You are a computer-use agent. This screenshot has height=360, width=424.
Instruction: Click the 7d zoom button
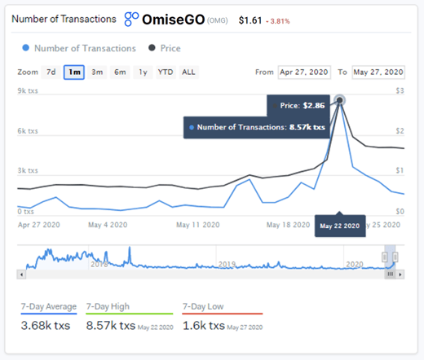pos(51,72)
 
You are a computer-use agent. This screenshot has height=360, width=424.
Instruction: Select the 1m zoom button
pos(74,72)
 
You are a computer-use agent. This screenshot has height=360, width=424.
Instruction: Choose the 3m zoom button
pos(97,72)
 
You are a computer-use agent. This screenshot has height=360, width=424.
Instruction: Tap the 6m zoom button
pos(120,72)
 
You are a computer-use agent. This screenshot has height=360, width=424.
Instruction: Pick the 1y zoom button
pos(143,72)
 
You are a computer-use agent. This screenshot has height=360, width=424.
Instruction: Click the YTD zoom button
pos(165,72)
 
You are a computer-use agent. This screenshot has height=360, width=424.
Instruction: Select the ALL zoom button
pos(188,72)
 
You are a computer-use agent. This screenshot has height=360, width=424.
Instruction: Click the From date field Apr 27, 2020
pos(304,72)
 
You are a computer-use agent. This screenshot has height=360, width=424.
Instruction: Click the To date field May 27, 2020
pos(378,72)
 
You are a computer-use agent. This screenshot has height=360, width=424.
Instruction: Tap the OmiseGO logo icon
pos(132,17)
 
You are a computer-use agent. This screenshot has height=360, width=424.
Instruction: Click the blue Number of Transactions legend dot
pos(29,48)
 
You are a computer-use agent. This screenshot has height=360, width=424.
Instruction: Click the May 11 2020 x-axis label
pos(199,224)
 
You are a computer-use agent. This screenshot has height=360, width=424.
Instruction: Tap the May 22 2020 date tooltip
pos(339,225)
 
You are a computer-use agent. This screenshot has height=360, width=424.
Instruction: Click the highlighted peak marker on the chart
pos(340,100)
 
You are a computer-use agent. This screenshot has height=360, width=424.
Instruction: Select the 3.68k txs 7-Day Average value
pos(46,326)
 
